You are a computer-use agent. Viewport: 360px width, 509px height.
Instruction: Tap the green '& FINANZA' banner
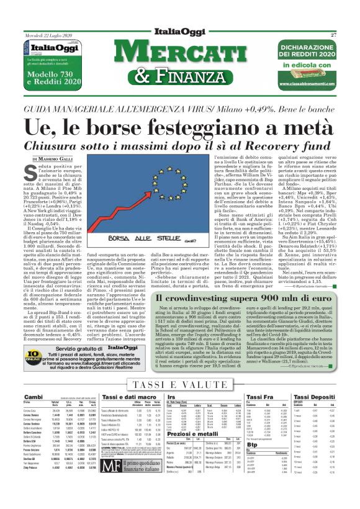[x=180, y=76]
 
